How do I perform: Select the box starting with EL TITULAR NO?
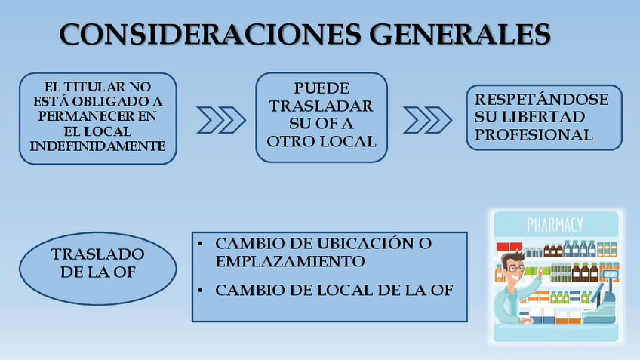tap(97, 118)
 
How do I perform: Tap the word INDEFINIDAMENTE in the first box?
tap(97, 146)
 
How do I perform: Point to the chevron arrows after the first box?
tap(221, 119)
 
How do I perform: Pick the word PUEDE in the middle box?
tap(322, 88)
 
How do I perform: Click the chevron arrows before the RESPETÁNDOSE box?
tap(427, 119)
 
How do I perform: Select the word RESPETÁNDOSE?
tap(542, 100)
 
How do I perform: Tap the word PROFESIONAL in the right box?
tap(534, 135)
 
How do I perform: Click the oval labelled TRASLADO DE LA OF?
tap(97, 263)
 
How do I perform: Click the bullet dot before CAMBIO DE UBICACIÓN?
tap(199, 245)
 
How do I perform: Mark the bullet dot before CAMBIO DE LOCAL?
tap(199, 290)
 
